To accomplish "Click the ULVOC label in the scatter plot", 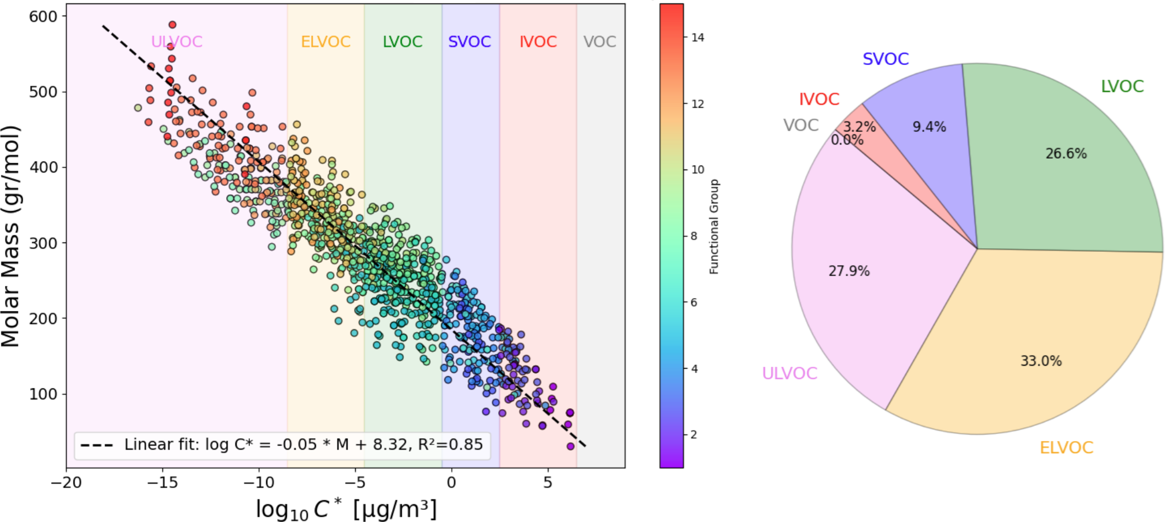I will [x=176, y=42].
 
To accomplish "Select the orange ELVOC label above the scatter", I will [x=326, y=42].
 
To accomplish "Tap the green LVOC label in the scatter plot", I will [x=403, y=42].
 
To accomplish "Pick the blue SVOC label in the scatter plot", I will [x=469, y=42].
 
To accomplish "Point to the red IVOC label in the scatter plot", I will [x=538, y=42].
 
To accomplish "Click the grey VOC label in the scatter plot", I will [x=599, y=42].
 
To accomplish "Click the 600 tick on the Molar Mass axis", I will [x=43, y=17].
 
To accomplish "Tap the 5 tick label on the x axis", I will [x=548, y=483].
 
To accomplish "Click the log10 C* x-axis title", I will [x=346, y=509].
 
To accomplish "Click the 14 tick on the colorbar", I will [x=698, y=38].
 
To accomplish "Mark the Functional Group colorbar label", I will [x=714, y=226].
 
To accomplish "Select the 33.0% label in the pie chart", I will [x=1041, y=361].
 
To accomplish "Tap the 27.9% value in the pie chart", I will [x=849, y=271].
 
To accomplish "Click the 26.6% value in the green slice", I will [x=1066, y=153].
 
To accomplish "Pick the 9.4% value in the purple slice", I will [x=929, y=127].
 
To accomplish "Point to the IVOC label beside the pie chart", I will [x=819, y=99].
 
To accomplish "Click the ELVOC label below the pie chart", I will [x=1066, y=447].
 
